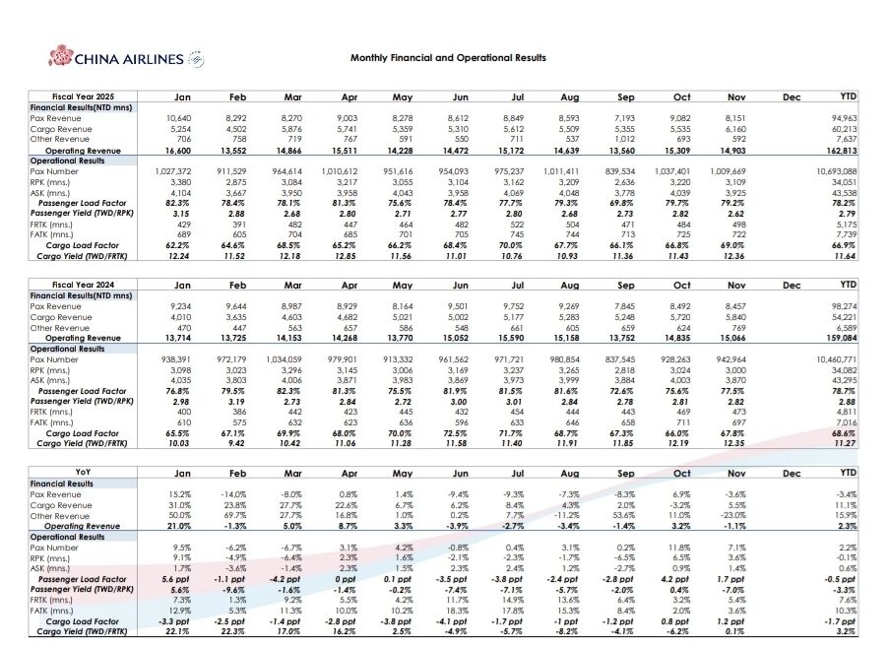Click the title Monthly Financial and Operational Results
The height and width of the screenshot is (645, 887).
tap(448, 58)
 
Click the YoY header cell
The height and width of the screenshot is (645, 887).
tap(83, 474)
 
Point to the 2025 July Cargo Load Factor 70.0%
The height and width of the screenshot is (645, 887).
tap(512, 244)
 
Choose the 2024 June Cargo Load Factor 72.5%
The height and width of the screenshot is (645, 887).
tap(457, 432)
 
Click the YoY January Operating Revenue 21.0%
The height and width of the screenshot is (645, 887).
tap(179, 526)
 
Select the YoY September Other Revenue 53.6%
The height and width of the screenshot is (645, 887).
tap(625, 515)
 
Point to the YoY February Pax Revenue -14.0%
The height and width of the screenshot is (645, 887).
tap(232, 493)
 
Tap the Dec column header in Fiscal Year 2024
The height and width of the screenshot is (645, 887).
tap(790, 285)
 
